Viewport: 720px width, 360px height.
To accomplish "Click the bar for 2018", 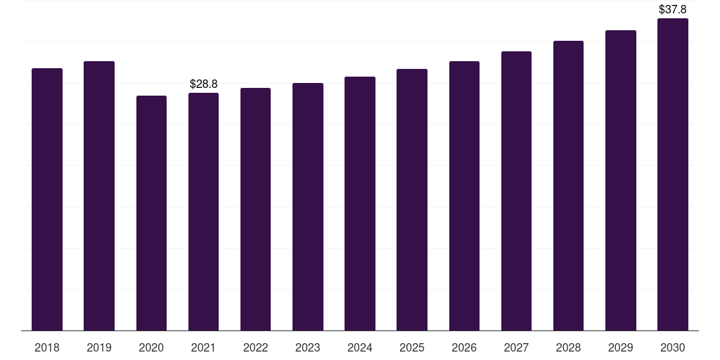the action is pyautogui.click(x=47, y=199).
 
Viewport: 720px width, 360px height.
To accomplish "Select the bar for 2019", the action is pyautogui.click(x=99, y=195).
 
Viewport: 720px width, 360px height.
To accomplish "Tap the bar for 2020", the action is pyautogui.click(x=152, y=213).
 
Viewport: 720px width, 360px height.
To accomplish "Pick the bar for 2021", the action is pyautogui.click(x=203, y=212).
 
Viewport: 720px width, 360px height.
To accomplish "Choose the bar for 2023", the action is pyautogui.click(x=308, y=207).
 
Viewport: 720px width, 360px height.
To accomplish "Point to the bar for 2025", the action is pyautogui.click(x=412, y=200).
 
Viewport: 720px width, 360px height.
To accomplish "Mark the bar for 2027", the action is pyautogui.click(x=516, y=191).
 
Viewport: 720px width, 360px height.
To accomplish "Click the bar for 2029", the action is pyautogui.click(x=621, y=181).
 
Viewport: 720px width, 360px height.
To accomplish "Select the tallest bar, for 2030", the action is pyautogui.click(x=673, y=174).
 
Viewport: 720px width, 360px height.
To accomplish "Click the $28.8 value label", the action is pyautogui.click(x=203, y=84).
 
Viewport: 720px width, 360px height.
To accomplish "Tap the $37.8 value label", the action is pyautogui.click(x=673, y=9).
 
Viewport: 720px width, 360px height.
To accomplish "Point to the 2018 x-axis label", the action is pyautogui.click(x=47, y=347).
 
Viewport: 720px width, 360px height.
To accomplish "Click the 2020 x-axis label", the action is pyautogui.click(x=152, y=347).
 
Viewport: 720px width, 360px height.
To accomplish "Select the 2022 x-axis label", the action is pyautogui.click(x=256, y=347).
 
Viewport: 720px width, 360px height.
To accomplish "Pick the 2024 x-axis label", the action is pyautogui.click(x=360, y=347).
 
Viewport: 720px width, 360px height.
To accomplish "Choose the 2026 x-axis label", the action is pyautogui.click(x=464, y=347).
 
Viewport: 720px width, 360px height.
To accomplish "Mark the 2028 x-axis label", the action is pyautogui.click(x=568, y=347).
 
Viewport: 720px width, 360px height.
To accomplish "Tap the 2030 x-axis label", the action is pyautogui.click(x=673, y=347).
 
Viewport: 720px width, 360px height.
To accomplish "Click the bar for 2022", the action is pyautogui.click(x=256, y=210).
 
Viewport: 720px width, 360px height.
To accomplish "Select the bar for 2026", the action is pyautogui.click(x=464, y=195).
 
